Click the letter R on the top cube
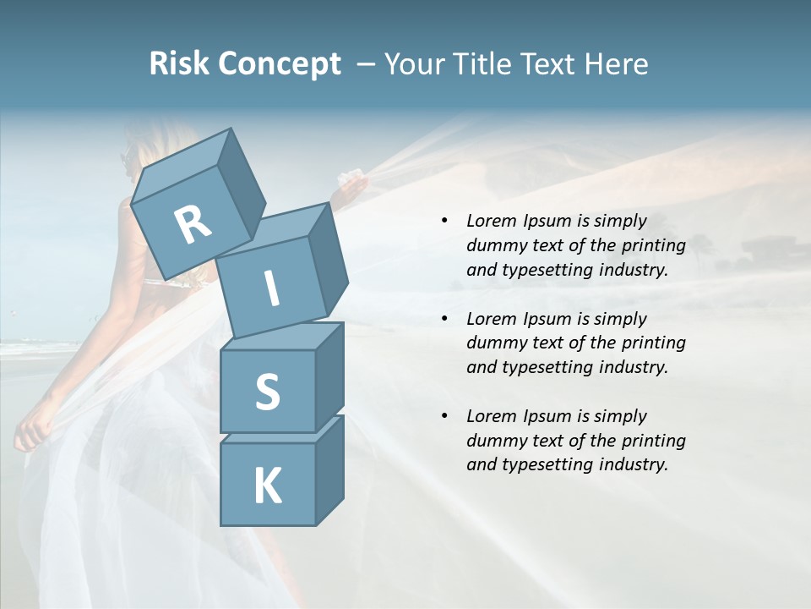pyautogui.click(x=193, y=225)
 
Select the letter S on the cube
pyautogui.click(x=267, y=392)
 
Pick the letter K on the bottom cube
pyautogui.click(x=267, y=486)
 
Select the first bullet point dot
pyautogui.click(x=444, y=221)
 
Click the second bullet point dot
pyautogui.click(x=444, y=319)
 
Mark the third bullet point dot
pyautogui.click(x=444, y=416)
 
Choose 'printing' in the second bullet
pyautogui.click(x=653, y=343)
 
